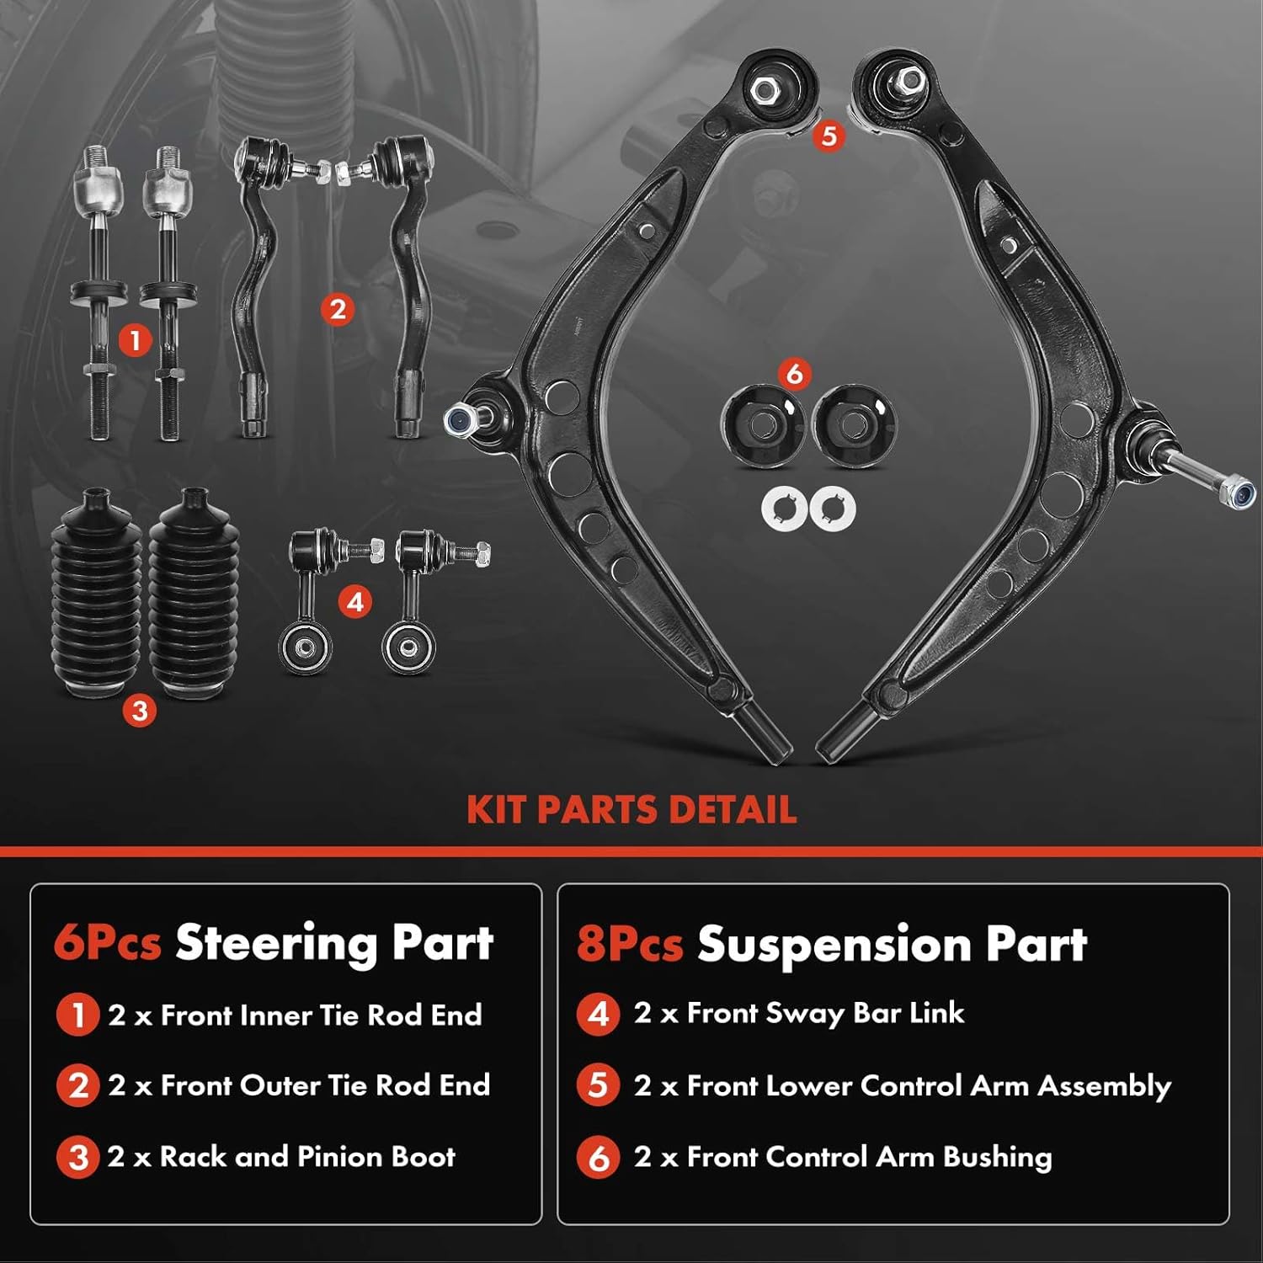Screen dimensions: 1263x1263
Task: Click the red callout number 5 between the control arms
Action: tap(829, 136)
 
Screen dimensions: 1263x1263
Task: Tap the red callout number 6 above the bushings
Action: tap(794, 373)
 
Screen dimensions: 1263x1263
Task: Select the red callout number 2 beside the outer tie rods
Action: tap(337, 309)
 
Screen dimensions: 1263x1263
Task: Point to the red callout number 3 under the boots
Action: tap(139, 711)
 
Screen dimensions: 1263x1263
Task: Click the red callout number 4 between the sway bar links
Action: tap(354, 602)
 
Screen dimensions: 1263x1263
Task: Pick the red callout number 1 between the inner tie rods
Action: tap(135, 340)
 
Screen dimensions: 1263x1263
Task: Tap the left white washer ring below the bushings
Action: tap(784, 509)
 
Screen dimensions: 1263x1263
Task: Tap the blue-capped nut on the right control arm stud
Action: tap(1239, 493)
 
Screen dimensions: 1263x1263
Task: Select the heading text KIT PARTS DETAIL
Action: tap(631, 809)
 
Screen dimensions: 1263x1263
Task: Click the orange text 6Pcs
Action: tap(107, 942)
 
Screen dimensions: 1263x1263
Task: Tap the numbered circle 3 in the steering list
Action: tap(77, 1157)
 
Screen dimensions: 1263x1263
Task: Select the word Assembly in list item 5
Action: tap(1104, 1086)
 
